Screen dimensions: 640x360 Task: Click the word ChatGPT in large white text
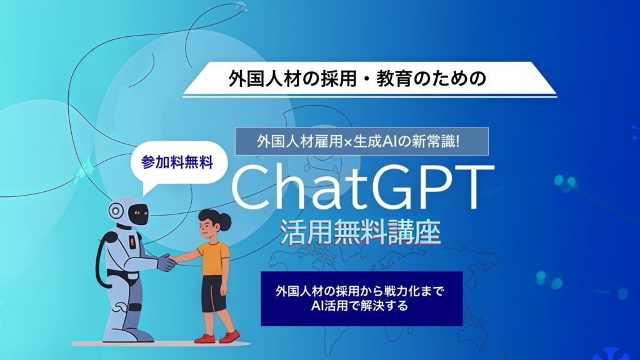coord(362,187)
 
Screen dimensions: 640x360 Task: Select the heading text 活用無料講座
coord(360,232)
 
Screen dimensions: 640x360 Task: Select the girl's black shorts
coord(214,294)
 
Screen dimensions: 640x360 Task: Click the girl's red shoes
coord(217,337)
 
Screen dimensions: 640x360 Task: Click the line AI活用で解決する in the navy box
coord(359,306)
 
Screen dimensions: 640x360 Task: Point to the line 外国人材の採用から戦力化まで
coord(359,291)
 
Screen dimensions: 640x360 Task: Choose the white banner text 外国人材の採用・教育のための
coord(357,78)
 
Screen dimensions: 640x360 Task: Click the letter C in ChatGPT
coord(252,188)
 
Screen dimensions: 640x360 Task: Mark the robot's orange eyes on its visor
coord(140,212)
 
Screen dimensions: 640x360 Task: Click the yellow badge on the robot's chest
coord(132,242)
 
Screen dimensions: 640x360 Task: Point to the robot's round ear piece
coord(116,211)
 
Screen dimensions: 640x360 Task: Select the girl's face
coord(206,229)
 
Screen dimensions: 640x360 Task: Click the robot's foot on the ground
coord(141,336)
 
